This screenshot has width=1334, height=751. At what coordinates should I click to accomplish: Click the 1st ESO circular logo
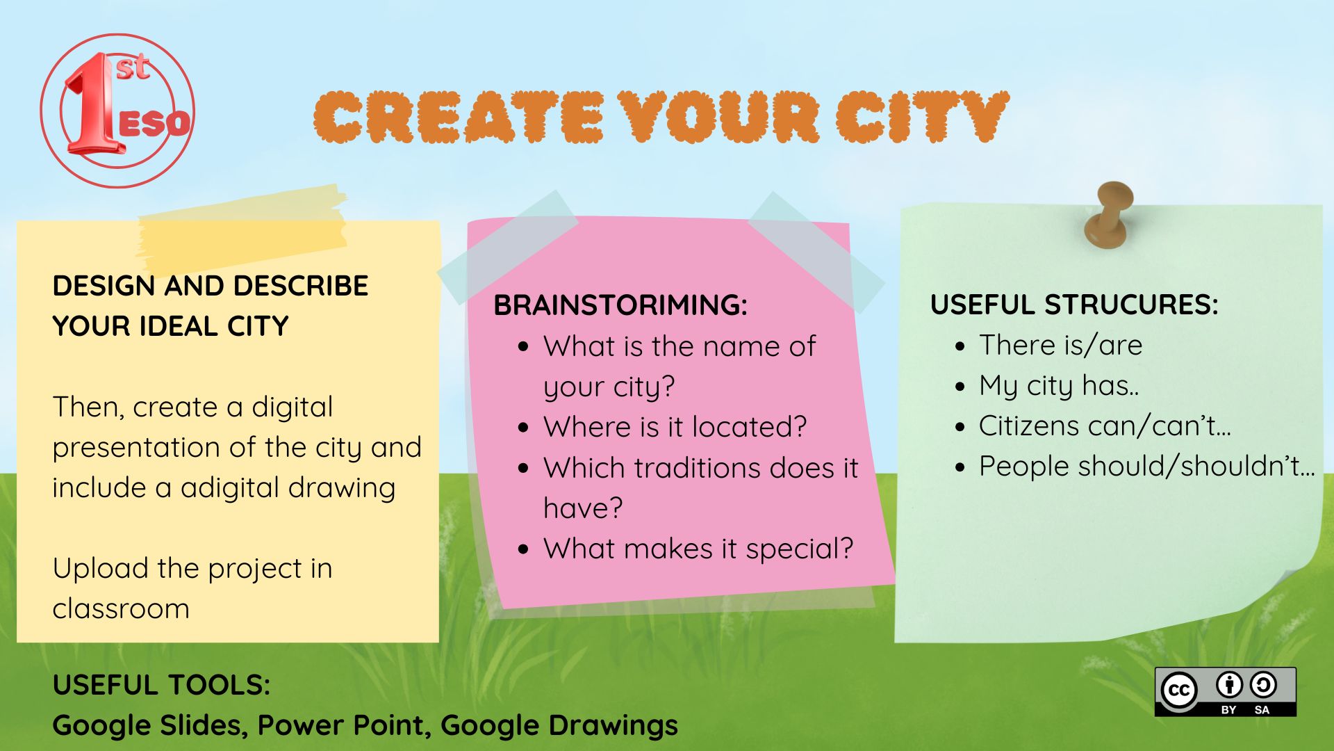[117, 111]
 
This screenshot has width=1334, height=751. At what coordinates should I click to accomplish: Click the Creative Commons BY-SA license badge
[1225, 692]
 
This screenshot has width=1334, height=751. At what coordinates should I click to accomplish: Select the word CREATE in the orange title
[459, 117]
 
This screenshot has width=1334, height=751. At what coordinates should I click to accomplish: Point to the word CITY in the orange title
[922, 116]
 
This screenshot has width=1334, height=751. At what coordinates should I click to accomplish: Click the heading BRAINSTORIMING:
[620, 305]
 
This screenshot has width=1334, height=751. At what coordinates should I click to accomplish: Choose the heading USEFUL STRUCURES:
[1074, 305]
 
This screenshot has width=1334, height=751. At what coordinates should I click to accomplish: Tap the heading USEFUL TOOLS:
[161, 686]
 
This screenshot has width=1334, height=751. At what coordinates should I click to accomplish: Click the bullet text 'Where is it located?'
[675, 427]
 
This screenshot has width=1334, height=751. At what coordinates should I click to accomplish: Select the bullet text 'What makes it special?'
[698, 549]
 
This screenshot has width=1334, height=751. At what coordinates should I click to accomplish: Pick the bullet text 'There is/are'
[1061, 346]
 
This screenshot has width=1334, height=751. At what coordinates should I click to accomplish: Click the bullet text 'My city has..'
[1059, 386]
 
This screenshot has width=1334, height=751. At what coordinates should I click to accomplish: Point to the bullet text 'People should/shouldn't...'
[1147, 466]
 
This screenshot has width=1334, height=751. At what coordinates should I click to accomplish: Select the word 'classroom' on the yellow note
[121, 609]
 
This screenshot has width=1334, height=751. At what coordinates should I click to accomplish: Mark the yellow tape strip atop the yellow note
[242, 228]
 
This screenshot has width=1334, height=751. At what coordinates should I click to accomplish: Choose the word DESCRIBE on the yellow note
[300, 286]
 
